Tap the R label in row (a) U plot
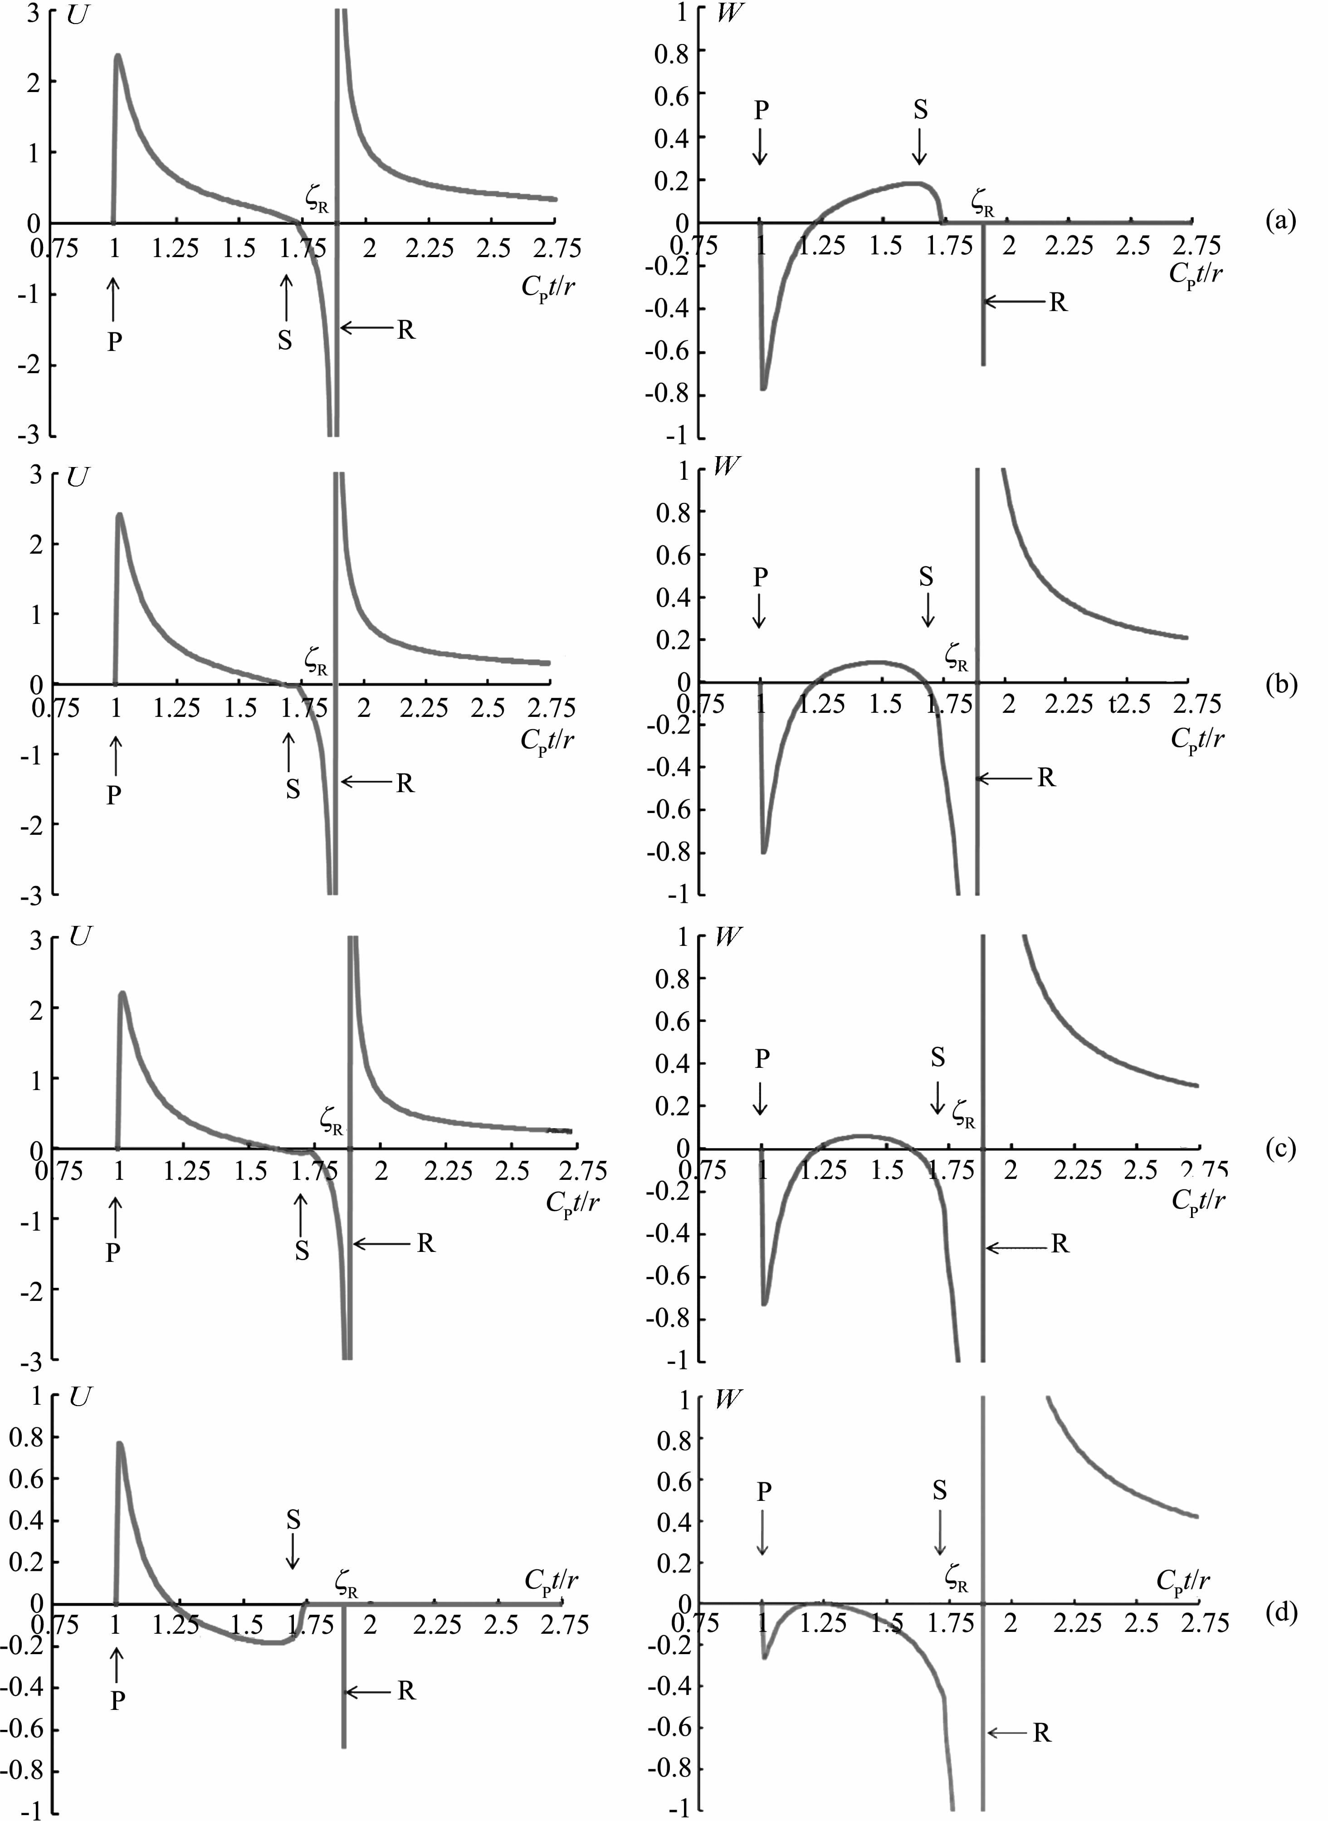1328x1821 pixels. (x=406, y=330)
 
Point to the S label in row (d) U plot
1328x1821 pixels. (x=293, y=1519)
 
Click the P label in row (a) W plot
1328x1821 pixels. (x=761, y=110)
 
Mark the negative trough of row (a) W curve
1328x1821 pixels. (x=763, y=389)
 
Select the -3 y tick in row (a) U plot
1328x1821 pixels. (x=32, y=435)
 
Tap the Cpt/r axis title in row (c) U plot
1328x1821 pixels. (x=572, y=1202)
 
